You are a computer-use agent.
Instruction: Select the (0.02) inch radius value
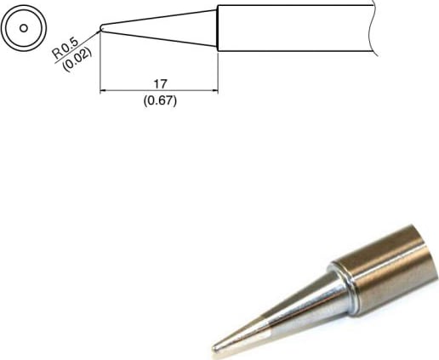click(77, 59)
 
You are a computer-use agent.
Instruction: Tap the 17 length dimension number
click(159, 83)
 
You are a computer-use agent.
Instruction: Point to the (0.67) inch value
click(159, 100)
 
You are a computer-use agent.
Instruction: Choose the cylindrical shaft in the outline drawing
click(294, 27)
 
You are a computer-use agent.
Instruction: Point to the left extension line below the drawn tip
click(100, 68)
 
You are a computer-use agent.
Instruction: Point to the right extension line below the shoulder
click(219, 72)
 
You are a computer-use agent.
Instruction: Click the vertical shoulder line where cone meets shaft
click(219, 27)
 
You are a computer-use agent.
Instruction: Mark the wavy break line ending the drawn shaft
click(373, 27)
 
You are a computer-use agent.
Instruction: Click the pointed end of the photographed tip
click(214, 347)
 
